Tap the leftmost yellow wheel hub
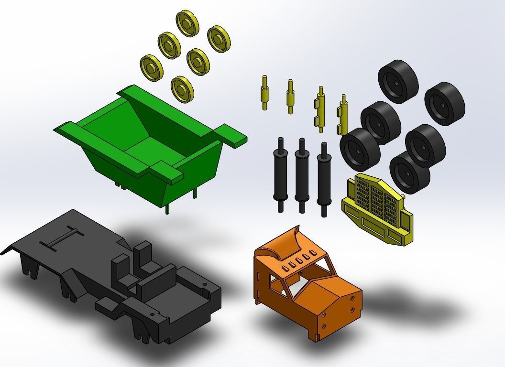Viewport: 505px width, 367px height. [x=152, y=66]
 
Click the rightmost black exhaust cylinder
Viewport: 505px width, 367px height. [x=324, y=178]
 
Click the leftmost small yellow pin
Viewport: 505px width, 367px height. [x=264, y=92]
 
